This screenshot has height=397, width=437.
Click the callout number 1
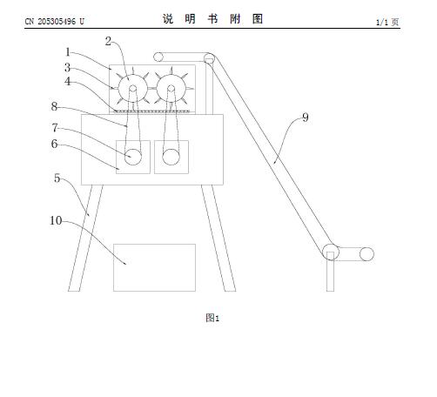click(x=68, y=52)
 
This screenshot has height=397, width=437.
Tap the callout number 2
click(x=108, y=42)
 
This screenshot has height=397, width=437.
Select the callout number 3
click(x=68, y=68)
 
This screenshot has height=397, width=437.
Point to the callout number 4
click(x=68, y=82)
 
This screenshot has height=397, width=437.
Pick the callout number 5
click(x=57, y=178)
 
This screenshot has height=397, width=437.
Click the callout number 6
click(x=55, y=144)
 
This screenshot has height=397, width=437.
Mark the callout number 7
click(x=55, y=128)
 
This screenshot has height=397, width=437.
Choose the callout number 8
click(x=54, y=106)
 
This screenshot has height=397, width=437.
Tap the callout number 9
click(x=306, y=118)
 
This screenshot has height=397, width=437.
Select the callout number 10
click(x=56, y=221)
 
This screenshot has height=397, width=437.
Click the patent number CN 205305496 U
click(x=55, y=22)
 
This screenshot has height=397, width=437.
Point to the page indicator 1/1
click(x=382, y=23)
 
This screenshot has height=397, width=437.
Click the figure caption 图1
click(x=212, y=318)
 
